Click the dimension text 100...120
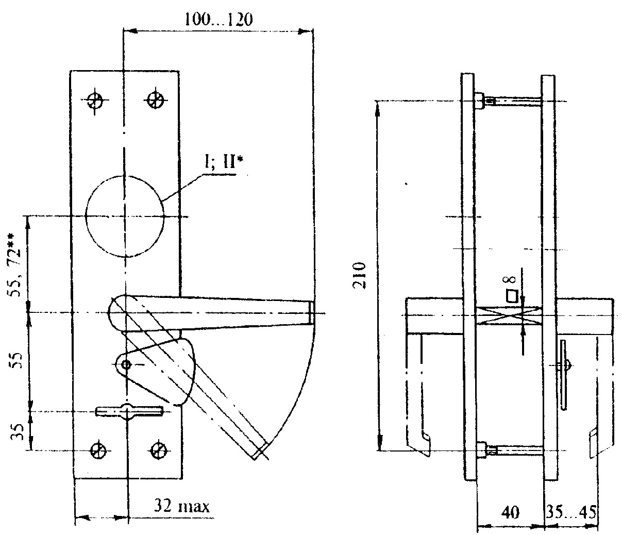click(218, 20)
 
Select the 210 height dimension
click(359, 275)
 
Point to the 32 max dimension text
click(182, 507)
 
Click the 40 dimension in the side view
click(511, 511)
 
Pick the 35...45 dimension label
click(571, 511)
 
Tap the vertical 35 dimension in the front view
click(17, 432)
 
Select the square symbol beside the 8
click(512, 296)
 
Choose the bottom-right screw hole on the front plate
click(158, 450)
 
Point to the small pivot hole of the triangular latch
click(126, 365)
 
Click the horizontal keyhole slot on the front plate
click(129, 411)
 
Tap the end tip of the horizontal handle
click(312, 313)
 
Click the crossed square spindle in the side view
click(509, 315)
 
